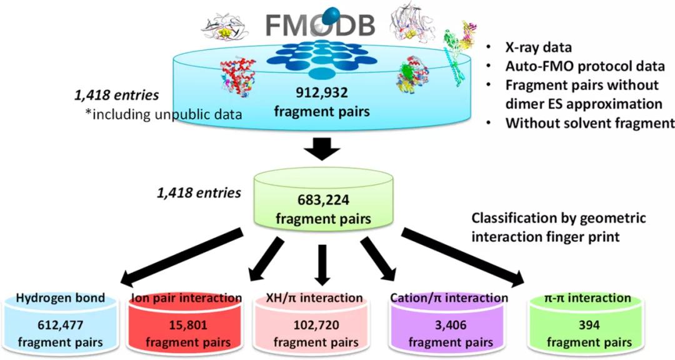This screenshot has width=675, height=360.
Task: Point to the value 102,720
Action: point(316,324)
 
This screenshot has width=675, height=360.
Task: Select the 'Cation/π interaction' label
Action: point(447,298)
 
